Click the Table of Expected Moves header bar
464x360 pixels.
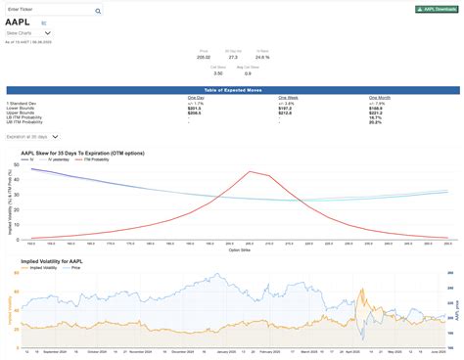click(232, 89)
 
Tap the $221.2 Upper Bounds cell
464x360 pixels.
click(375, 111)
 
